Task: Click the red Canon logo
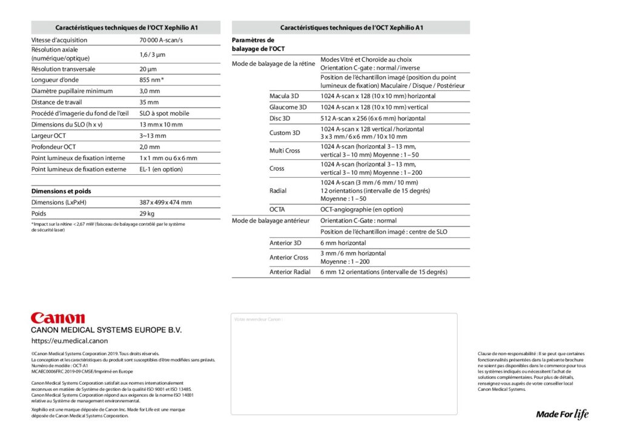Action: click(x=58, y=318)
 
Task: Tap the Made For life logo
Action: click(x=562, y=414)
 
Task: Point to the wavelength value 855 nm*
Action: click(x=152, y=80)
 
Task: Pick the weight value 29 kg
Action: click(x=147, y=214)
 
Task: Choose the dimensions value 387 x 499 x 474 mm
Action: click(x=165, y=203)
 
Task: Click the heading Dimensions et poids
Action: click(x=61, y=191)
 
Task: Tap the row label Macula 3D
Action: click(x=284, y=96)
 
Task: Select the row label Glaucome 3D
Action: click(x=288, y=107)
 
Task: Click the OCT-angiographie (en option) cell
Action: click(x=361, y=209)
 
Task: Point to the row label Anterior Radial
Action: click(x=290, y=272)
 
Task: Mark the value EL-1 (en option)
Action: click(x=161, y=169)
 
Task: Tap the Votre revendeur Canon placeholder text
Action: click(x=259, y=319)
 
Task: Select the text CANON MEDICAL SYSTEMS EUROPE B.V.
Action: click(x=106, y=330)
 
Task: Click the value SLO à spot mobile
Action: click(x=164, y=113)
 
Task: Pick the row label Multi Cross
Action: click(x=285, y=151)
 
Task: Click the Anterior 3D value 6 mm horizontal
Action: click(x=343, y=243)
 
